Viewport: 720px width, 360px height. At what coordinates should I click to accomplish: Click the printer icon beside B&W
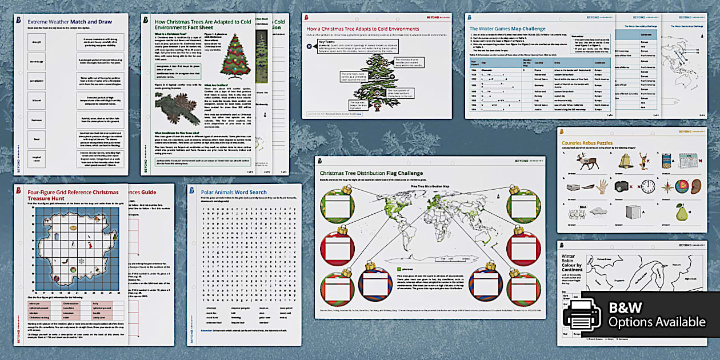coord(582,314)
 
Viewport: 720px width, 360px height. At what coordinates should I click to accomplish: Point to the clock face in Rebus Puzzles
coord(647,187)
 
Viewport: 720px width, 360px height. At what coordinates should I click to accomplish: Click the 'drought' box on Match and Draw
coord(37,42)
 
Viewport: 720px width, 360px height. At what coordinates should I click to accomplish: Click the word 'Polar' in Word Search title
coord(206,193)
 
